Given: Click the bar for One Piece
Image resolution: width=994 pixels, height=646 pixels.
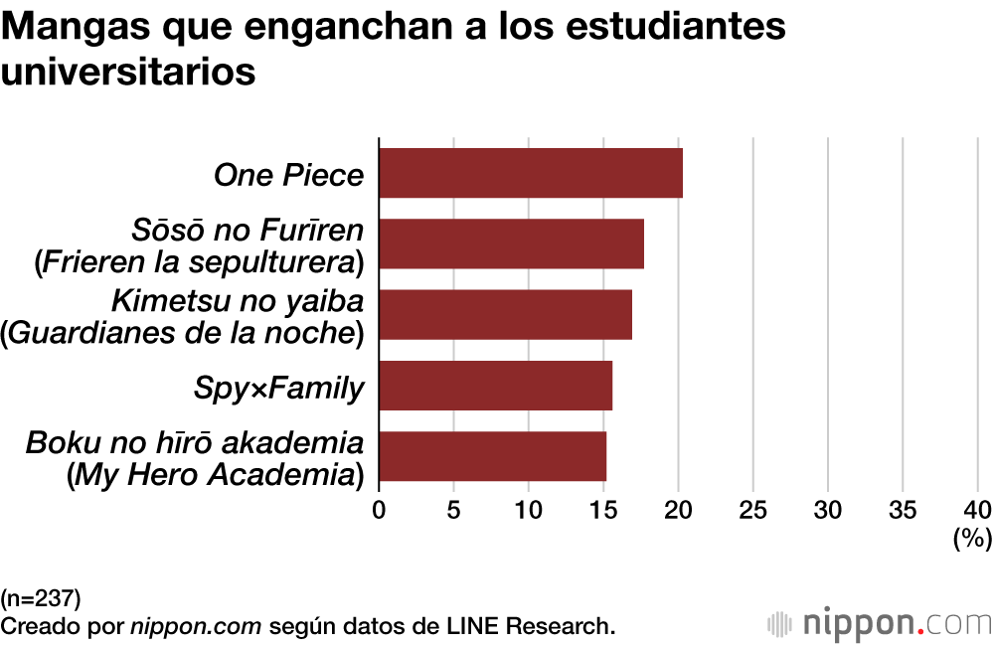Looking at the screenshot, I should (x=531, y=173).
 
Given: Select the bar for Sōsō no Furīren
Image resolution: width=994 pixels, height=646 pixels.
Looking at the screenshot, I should (x=511, y=243).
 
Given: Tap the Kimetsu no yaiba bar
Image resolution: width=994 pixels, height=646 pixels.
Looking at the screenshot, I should (x=505, y=314).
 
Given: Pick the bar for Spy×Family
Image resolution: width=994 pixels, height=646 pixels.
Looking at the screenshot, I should (x=495, y=386).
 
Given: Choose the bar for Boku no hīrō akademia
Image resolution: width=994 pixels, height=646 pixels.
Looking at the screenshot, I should (x=492, y=456).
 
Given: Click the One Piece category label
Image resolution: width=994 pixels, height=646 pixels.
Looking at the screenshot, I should (x=288, y=175).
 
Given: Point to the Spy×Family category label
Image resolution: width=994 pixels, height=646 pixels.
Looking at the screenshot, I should (x=278, y=388).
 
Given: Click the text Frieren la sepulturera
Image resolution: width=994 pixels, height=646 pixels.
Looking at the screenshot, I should (x=199, y=262).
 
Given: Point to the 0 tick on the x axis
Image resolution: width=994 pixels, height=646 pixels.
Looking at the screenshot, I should (x=379, y=510).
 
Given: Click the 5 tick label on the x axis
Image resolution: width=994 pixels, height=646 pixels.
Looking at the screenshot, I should (x=453, y=510).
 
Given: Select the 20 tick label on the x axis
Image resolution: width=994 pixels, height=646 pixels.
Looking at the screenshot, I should (x=678, y=510).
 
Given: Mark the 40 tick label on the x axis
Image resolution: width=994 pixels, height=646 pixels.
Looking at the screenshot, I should (x=977, y=510).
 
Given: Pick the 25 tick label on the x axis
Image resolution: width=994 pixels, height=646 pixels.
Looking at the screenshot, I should (x=753, y=510).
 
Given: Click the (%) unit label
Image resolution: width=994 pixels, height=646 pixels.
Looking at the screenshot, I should (x=972, y=540).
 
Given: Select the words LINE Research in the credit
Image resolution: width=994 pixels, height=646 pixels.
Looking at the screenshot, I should (x=534, y=626).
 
